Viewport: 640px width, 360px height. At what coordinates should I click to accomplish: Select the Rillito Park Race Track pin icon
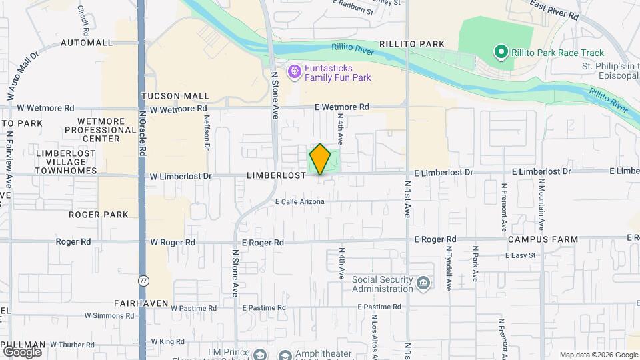click(x=500, y=52)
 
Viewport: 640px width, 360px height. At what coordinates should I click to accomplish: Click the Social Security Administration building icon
click(x=423, y=284)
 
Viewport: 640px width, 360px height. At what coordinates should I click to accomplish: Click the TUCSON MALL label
click(x=175, y=96)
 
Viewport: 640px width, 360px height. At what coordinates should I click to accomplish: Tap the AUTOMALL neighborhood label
click(x=87, y=43)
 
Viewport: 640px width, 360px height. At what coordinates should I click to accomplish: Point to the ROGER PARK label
click(x=99, y=215)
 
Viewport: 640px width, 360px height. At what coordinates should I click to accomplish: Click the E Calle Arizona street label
click(x=299, y=201)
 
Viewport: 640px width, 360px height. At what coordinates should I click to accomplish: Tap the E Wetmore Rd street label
click(x=342, y=107)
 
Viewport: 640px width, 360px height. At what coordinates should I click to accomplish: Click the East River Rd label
click(x=555, y=9)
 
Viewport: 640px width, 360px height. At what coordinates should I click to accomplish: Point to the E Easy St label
click(x=521, y=255)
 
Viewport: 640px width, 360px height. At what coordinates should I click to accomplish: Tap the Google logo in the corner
click(x=22, y=351)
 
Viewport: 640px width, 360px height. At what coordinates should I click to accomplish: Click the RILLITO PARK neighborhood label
click(x=412, y=44)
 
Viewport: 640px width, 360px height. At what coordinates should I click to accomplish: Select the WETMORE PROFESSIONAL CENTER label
click(x=102, y=129)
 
